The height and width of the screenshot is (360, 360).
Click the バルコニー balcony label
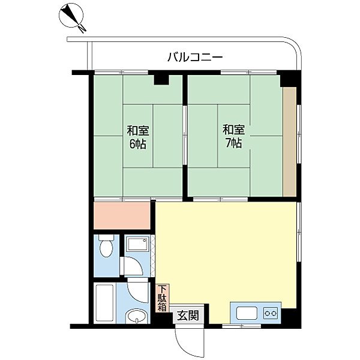point(195,57)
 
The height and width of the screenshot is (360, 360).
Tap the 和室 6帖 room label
point(138,137)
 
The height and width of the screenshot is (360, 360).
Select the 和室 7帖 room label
point(233,137)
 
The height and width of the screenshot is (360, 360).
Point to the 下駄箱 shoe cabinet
point(163,298)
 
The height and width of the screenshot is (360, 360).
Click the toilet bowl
point(106,245)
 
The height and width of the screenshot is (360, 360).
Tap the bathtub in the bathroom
point(104,303)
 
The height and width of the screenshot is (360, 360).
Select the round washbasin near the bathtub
point(137,317)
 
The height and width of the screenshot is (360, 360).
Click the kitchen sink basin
point(247,313)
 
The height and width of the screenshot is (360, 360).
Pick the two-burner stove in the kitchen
point(271,313)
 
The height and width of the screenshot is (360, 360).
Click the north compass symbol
point(71,17)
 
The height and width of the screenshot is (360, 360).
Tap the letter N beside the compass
point(82,28)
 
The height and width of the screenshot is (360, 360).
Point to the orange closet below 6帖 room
point(122,215)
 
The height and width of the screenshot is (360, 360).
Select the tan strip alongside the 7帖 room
point(290,142)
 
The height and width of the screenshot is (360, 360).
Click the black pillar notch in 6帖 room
point(161,80)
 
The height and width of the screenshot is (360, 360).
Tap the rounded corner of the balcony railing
point(293,47)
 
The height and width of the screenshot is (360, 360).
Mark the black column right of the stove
point(291,316)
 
